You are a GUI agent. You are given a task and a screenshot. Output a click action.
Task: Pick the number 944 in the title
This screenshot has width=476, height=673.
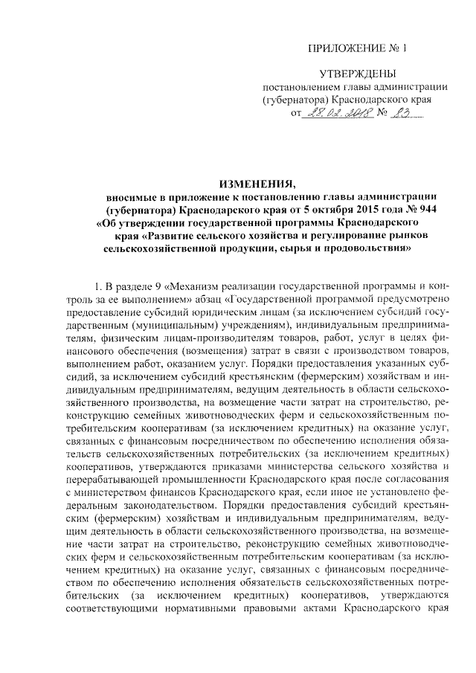(x=426, y=209)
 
